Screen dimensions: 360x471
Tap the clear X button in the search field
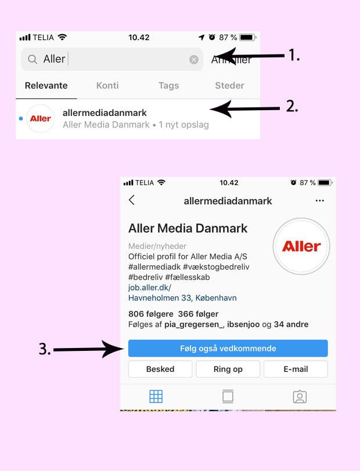(194, 60)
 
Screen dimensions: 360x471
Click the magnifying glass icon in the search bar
(33, 59)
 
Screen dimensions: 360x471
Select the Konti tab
(107, 86)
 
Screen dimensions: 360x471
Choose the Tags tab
(169, 86)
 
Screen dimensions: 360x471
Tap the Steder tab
(229, 86)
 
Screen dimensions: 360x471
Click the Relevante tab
(46, 86)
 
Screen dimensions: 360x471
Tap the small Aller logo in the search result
(40, 119)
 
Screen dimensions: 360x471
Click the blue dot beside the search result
(21, 119)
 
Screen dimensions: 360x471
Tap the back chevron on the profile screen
(131, 200)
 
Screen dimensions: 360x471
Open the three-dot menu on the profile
(320, 201)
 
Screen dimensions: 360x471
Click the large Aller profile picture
(301, 247)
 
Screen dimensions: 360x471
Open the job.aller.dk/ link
(149, 288)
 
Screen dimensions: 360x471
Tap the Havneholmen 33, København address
(182, 298)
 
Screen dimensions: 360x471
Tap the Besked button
(160, 369)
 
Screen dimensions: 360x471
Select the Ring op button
(228, 369)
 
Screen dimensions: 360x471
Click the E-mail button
(296, 369)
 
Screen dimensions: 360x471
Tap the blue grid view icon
(156, 397)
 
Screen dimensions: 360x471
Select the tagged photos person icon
(300, 397)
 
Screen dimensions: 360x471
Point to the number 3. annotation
(45, 349)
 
